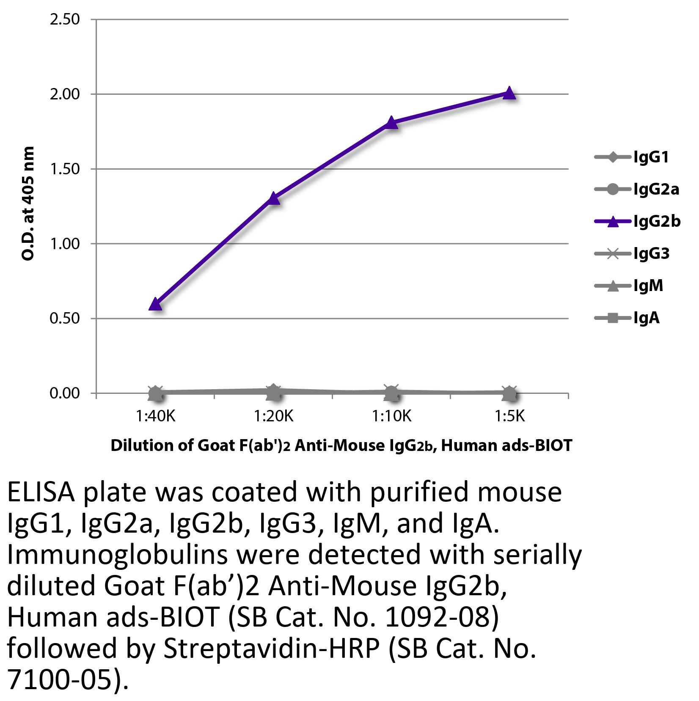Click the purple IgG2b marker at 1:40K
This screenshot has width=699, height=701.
coord(155,304)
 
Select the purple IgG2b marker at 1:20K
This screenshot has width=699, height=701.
coord(274,198)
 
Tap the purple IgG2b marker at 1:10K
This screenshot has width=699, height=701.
coord(392,123)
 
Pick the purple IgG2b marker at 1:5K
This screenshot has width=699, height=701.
coord(510,93)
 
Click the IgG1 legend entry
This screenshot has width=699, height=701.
coord(651,158)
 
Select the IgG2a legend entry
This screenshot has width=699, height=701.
coord(656,190)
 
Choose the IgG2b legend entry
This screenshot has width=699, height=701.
coord(656,221)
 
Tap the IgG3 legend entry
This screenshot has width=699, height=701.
coord(651,253)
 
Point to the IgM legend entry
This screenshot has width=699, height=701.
coord(648,286)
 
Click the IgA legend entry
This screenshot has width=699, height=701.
coord(646,318)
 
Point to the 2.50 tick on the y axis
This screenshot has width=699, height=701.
coord(65,19)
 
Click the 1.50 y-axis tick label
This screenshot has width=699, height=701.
coord(65,169)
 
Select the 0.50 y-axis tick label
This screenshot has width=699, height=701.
coord(65,319)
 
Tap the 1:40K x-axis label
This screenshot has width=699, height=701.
coord(155,417)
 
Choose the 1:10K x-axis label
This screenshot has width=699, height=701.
coord(392,417)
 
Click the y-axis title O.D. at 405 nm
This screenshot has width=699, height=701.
coord(28,203)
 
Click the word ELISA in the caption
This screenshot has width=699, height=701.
coord(41,492)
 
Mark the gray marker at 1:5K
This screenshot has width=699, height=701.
coord(510,393)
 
